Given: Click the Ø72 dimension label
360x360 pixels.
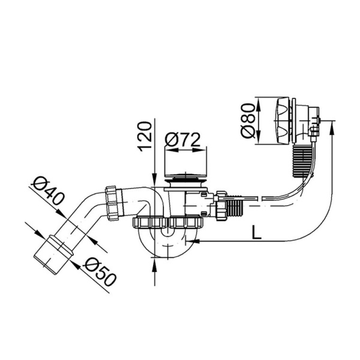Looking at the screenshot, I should point(182,140).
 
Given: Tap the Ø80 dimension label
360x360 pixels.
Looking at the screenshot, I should point(248,123).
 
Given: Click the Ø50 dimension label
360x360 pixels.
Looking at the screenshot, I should point(99,271).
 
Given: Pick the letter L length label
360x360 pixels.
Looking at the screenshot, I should point(257,233).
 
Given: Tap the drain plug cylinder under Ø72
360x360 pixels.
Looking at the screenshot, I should point(186,165).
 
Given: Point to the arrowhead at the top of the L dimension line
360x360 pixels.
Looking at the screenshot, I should point(332,124).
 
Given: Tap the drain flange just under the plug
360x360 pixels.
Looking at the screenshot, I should point(186,179).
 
